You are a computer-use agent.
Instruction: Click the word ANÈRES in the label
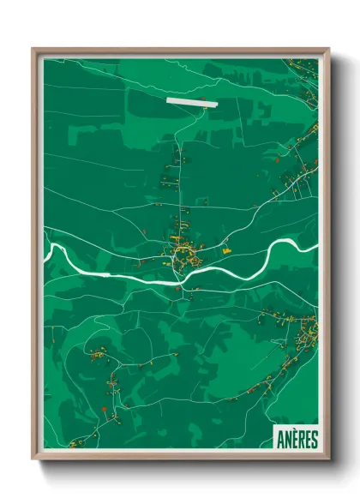[x=297, y=440]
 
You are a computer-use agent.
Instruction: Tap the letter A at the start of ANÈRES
[x=281, y=440]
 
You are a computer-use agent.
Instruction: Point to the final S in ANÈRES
[x=314, y=440]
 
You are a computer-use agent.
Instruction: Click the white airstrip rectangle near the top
[x=192, y=100]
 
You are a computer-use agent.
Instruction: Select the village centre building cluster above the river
[x=184, y=251]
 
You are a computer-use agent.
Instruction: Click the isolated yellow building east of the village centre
[x=227, y=251]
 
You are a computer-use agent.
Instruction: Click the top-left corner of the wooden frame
[x=33, y=50]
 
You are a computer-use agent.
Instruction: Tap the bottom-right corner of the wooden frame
[x=328, y=458]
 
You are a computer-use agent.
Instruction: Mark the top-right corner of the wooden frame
[x=328, y=50]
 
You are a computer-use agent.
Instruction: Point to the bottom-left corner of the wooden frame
[x=33, y=458]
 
